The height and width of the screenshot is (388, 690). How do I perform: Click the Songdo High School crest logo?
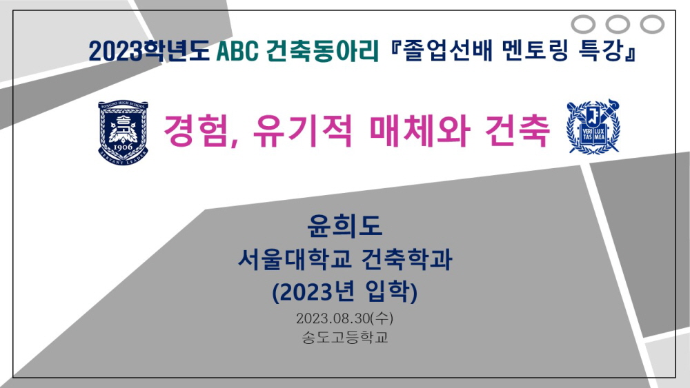point(123,132)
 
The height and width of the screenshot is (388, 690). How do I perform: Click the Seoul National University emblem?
point(593,127)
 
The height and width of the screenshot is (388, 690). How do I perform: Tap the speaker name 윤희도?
point(344,225)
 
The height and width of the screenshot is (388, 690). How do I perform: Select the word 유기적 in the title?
point(303,130)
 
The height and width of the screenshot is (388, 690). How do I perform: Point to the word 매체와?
point(420,130)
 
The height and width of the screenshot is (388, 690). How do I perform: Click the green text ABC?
point(237,51)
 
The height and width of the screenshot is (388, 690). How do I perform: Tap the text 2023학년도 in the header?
point(150,51)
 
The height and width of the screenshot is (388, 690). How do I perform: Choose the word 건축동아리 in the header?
point(322,51)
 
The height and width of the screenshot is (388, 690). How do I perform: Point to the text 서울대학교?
point(295,259)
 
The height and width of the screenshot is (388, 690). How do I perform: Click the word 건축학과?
point(406,259)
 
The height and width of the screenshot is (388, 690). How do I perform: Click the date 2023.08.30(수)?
point(344,318)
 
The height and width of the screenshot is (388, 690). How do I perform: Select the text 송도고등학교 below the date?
point(344,337)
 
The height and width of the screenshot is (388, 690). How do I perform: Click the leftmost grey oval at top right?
point(583,24)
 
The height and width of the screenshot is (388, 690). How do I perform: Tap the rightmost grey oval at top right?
point(652,24)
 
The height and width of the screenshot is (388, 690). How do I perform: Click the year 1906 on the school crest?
point(123,146)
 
